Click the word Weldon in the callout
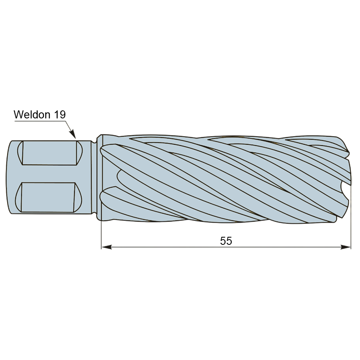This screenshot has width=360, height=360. pos(32,114)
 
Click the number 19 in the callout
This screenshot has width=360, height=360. pos(60,114)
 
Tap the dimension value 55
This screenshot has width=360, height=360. pos(226,241)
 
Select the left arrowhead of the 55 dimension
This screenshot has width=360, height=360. pos(106,247)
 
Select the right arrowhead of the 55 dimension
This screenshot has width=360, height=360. pos(346,247)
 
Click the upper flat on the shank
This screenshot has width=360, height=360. pos(50,153)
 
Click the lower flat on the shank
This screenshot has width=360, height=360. pos(48,197)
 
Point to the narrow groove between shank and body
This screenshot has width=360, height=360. pos(94,177)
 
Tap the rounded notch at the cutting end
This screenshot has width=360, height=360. pos(344,188)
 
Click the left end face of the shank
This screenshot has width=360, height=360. pos(9,177)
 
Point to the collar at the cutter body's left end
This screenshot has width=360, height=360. pos(100,178)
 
